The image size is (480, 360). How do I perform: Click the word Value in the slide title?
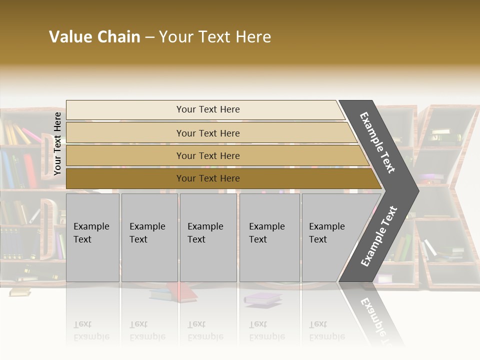click(x=69, y=37)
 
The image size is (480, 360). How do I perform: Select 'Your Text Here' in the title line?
click(x=215, y=37)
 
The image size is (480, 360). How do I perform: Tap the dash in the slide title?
click(x=149, y=37)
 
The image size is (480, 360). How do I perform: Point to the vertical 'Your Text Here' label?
click(x=57, y=143)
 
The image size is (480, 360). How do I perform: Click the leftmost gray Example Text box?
click(x=92, y=237)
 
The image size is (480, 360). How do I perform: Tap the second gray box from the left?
click(x=149, y=237)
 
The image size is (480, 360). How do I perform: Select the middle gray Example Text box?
click(x=208, y=237)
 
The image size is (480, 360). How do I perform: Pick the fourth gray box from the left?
click(x=269, y=237)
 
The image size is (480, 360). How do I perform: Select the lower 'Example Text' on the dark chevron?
click(x=378, y=236)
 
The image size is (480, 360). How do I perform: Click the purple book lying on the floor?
click(x=262, y=298)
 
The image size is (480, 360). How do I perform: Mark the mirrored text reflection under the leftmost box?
click(x=91, y=330)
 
